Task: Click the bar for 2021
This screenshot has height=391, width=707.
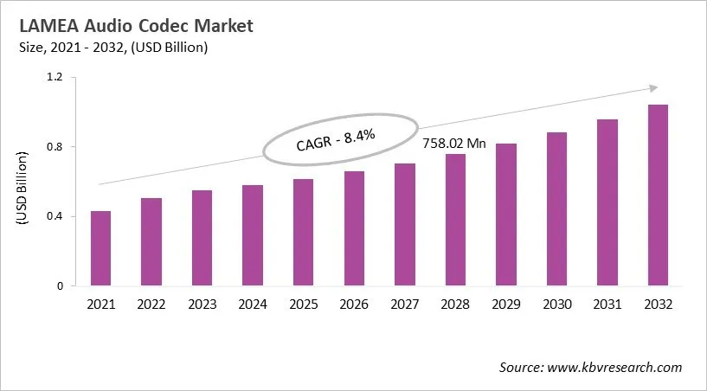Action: (x=100, y=248)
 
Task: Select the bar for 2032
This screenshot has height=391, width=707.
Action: (x=658, y=195)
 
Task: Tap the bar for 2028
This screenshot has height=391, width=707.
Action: (x=455, y=220)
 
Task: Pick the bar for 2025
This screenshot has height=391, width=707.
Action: (x=303, y=233)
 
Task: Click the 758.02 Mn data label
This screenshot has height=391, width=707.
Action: (x=455, y=143)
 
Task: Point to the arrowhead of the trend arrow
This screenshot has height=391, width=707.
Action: (x=653, y=87)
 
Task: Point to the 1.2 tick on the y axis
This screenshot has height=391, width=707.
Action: (x=55, y=78)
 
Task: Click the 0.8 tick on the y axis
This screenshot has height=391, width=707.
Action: (x=55, y=147)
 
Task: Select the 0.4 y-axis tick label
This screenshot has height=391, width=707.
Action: (x=55, y=216)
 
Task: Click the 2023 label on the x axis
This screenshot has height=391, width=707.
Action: (x=202, y=304)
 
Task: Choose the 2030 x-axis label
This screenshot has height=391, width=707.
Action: (x=556, y=304)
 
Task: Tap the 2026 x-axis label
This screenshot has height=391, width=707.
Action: (x=354, y=304)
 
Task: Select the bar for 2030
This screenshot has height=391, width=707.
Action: (x=556, y=209)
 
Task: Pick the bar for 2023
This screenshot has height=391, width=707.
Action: (x=202, y=238)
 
